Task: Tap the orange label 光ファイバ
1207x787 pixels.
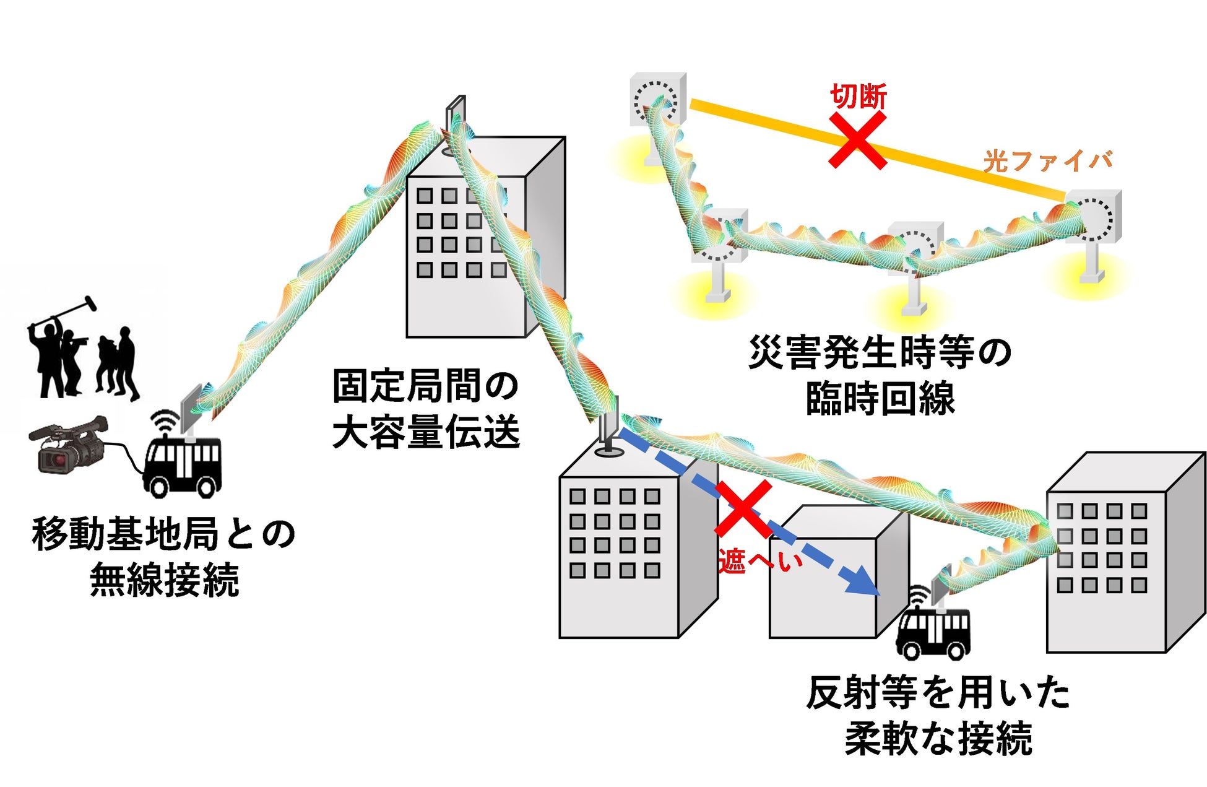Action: click(1047, 161)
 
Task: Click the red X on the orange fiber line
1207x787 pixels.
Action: click(858, 141)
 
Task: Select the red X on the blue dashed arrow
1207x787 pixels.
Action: click(743, 509)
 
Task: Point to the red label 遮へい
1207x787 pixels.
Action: click(759, 561)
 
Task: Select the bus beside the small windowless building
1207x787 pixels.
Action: click(933, 632)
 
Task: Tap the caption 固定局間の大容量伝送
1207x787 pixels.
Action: click(426, 409)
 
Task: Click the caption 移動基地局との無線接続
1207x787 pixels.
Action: click(164, 557)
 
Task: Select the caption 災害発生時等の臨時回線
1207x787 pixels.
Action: click(880, 375)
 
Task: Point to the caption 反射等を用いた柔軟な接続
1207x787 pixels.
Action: click(938, 715)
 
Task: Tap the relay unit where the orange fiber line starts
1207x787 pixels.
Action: click(658, 101)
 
